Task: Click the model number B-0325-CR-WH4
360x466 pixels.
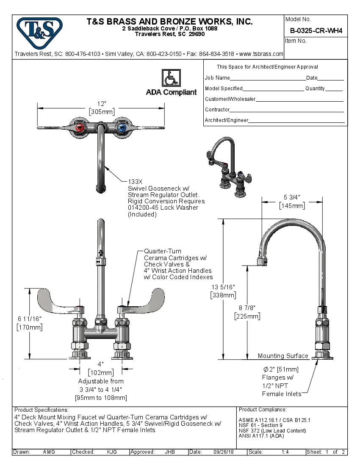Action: click(316, 31)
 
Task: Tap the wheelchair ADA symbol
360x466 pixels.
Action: click(171, 78)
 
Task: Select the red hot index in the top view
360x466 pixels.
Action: click(79, 128)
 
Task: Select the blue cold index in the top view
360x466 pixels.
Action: click(122, 128)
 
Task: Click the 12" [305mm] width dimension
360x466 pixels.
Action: click(101, 108)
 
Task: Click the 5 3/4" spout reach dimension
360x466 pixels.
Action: click(292, 201)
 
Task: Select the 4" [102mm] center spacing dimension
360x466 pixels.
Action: click(101, 369)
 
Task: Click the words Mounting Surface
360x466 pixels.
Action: click(283, 356)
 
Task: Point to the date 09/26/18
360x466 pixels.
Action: click(224, 452)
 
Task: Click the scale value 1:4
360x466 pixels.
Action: click(285, 452)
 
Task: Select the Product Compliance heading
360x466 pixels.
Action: click(263, 410)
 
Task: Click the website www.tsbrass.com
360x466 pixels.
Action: click(261, 54)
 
